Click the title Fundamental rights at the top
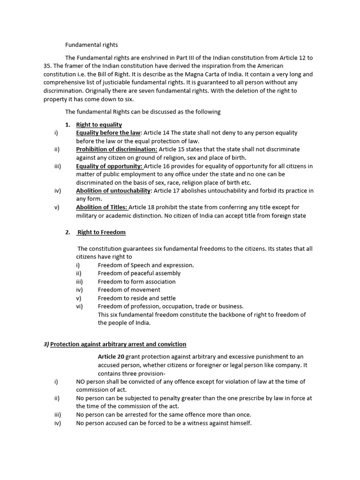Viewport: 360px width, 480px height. pos(91,45)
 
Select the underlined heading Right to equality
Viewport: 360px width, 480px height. pos(99,125)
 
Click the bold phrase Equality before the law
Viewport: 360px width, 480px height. pos(108,133)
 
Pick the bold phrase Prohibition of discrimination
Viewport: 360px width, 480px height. pos(117,149)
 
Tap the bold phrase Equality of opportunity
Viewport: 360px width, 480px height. pos(109,166)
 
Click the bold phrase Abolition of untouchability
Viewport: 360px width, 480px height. pos(113,191)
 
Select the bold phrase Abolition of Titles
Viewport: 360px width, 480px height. pos(102,207)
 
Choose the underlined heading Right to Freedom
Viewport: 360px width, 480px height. pos(101,232)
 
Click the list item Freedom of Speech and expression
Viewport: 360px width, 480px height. pos(146,265)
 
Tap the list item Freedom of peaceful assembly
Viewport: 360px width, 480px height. pos(139,273)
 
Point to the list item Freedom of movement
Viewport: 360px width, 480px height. pos(129,290)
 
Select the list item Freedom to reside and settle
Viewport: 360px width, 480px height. pos(137,298)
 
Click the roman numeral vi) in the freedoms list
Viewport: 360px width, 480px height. pos(79,306)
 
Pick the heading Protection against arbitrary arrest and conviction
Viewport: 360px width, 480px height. pos(118,344)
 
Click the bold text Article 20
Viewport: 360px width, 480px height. pos(111,357)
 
